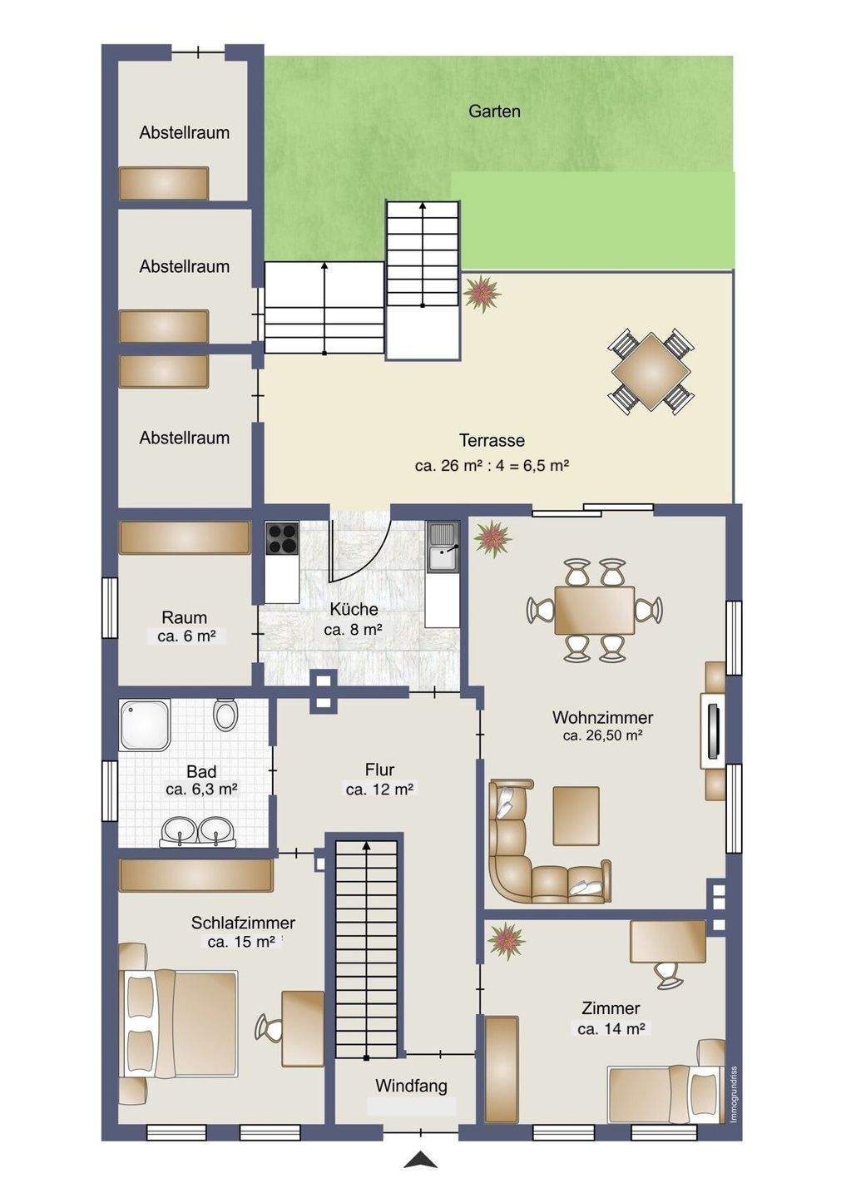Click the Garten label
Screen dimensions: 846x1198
click(x=494, y=111)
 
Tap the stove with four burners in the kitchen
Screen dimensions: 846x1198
click(x=282, y=538)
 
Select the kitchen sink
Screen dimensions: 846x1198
click(x=443, y=546)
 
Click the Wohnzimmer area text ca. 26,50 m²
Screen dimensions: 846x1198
click(x=602, y=735)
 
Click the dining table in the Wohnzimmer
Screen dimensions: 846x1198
click(x=595, y=609)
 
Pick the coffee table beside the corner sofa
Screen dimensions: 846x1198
click(x=576, y=815)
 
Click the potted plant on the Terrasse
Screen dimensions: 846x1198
click(x=482, y=293)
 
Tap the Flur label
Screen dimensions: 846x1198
click(x=379, y=770)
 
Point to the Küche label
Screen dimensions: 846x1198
click(x=354, y=609)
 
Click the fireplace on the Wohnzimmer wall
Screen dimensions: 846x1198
click(x=714, y=731)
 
